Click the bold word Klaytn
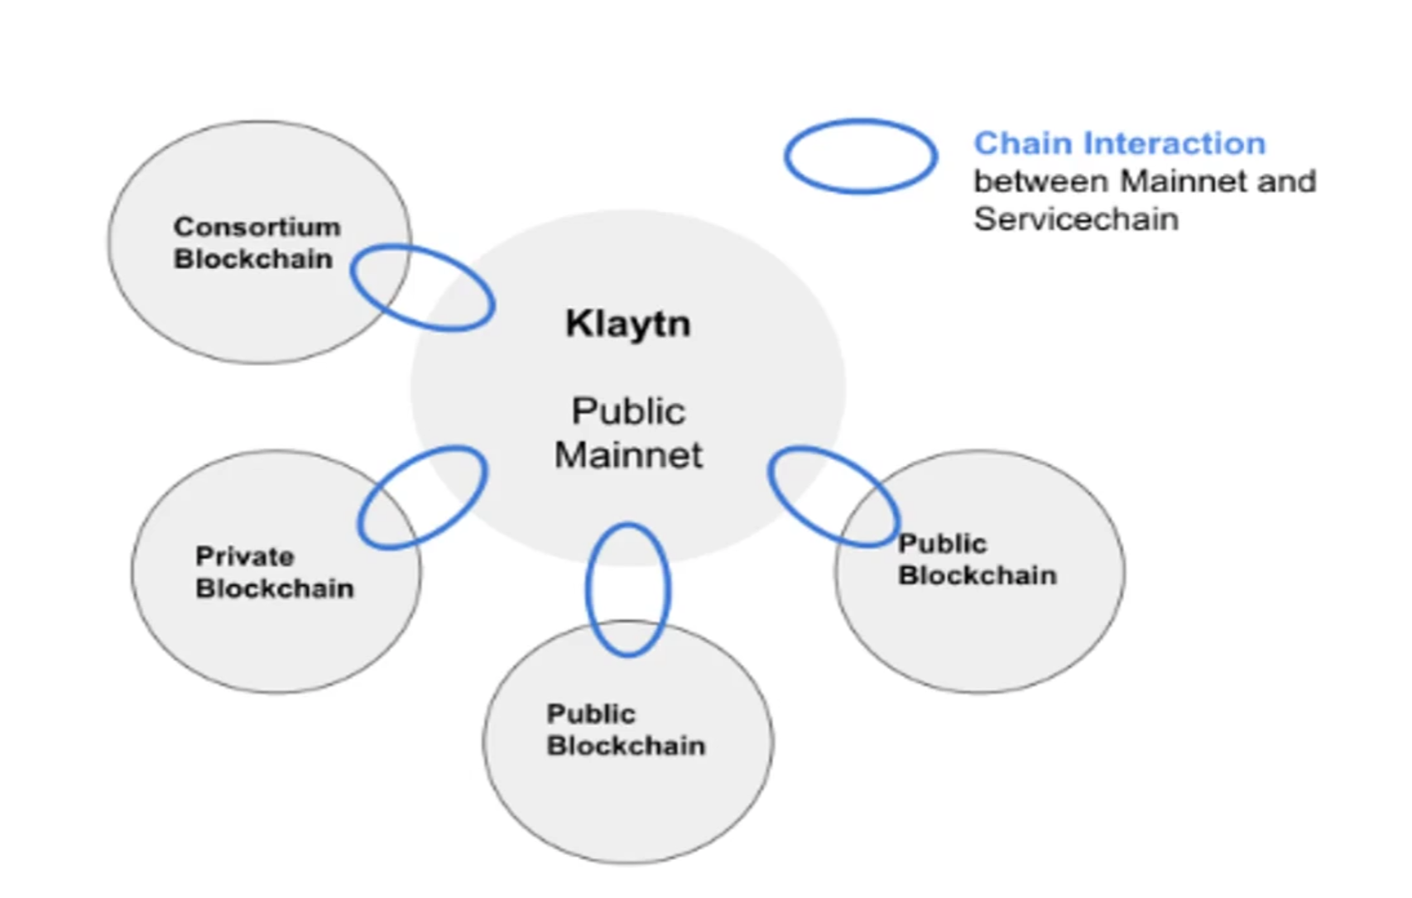coord(627,324)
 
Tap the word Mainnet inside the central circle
coord(628,455)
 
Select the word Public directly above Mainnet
coord(628,411)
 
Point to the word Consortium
coord(257,227)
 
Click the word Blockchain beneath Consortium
coord(252,259)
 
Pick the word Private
coord(244,556)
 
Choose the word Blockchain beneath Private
coord(274,588)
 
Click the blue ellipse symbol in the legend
coord(860,156)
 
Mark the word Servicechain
coord(1075,219)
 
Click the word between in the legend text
coord(1040,181)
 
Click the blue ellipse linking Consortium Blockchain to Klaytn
coord(423,287)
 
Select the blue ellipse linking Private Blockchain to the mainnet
coord(422,497)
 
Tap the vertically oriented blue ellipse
coord(627,589)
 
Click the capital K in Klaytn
coord(577,324)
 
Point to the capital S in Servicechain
coord(984,219)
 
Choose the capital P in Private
coord(203,556)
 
